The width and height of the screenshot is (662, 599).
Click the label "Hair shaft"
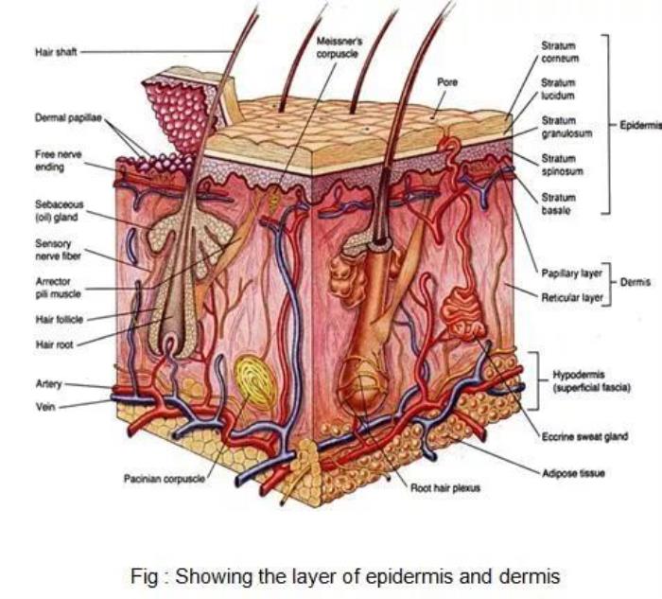point(56,52)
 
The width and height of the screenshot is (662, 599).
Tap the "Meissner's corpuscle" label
point(340,46)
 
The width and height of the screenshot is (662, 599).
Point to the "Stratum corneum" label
point(559,51)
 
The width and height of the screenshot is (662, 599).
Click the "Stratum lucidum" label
point(558,89)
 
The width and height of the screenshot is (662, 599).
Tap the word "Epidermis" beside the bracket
point(640,125)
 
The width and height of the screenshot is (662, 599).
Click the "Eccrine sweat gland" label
point(579,436)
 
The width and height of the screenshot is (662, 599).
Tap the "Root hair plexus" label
point(444,488)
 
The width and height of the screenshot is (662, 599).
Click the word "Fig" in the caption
point(144,575)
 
